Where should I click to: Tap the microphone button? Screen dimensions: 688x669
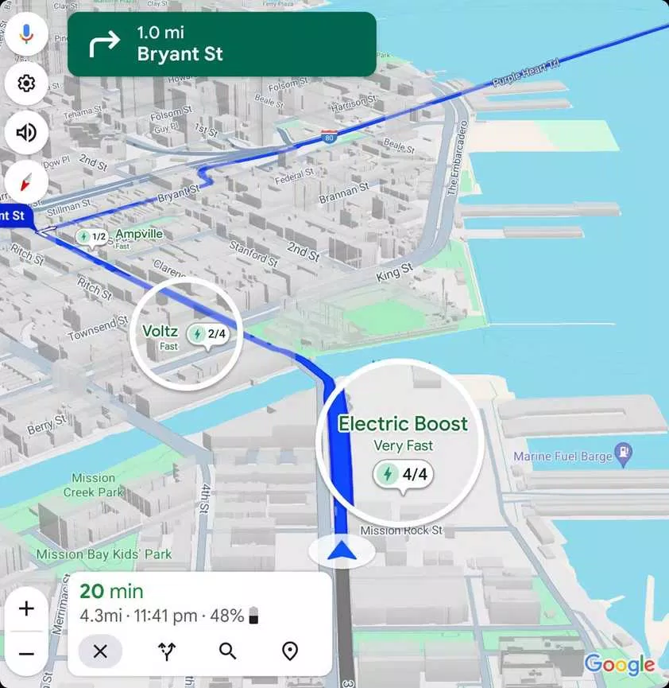[26, 34]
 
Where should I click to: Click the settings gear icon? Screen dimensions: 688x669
[26, 84]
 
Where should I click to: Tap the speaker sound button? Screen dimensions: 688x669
[26, 132]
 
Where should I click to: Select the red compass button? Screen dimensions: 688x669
[26, 182]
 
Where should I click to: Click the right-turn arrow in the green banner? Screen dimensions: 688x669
[104, 44]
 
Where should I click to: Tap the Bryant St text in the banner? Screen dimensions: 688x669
[180, 55]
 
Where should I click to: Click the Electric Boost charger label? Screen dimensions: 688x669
[403, 424]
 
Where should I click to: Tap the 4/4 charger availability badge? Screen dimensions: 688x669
[404, 475]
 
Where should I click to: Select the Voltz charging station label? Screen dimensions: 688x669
[159, 331]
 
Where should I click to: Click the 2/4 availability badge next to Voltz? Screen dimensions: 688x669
[208, 334]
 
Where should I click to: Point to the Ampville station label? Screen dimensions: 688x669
[139, 234]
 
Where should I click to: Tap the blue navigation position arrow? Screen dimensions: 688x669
[342, 550]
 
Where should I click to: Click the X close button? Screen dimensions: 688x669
[100, 651]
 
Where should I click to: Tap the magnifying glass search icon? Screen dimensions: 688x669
[228, 651]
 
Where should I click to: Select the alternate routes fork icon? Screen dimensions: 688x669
[167, 651]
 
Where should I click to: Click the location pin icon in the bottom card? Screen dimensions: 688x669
[290, 651]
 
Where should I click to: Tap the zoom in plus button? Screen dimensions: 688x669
[26, 609]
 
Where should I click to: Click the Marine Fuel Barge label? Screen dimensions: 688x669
[563, 457]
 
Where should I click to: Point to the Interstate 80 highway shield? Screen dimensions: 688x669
[329, 137]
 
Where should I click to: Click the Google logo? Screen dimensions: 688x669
[620, 664]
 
